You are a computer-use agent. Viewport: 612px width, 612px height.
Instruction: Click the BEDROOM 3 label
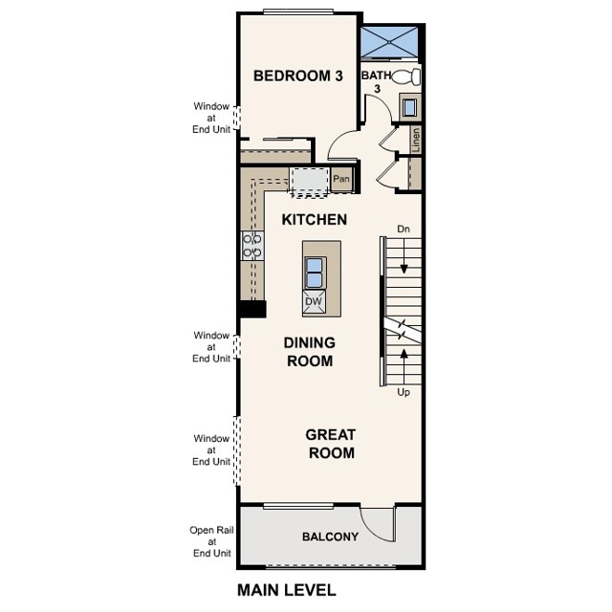pyautogui.click(x=297, y=76)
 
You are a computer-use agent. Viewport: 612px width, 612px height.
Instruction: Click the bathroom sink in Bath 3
pyautogui.click(x=409, y=107)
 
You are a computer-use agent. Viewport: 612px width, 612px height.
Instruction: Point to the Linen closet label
pyautogui.click(x=416, y=139)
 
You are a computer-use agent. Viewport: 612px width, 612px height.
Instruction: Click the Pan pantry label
pyautogui.click(x=341, y=179)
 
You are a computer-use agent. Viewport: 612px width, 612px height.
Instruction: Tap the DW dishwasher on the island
pyautogui.click(x=314, y=302)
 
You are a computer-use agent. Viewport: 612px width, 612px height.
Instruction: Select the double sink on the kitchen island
pyautogui.click(x=314, y=272)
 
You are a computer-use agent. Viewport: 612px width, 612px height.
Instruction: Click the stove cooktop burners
pyautogui.click(x=251, y=246)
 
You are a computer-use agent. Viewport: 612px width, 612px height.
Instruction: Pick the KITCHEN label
pyautogui.click(x=314, y=220)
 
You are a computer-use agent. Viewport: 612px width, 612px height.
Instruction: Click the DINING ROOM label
pyautogui.click(x=308, y=352)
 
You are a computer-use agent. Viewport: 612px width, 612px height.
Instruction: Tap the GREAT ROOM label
pyautogui.click(x=330, y=444)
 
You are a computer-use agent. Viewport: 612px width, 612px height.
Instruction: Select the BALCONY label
pyautogui.click(x=330, y=536)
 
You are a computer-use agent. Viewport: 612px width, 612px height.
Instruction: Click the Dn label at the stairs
pyautogui.click(x=404, y=229)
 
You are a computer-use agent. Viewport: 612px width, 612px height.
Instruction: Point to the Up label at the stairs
pyautogui.click(x=404, y=392)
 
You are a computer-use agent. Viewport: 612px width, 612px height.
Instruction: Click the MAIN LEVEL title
pyautogui.click(x=286, y=590)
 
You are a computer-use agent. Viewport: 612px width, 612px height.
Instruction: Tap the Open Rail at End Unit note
pyautogui.click(x=211, y=541)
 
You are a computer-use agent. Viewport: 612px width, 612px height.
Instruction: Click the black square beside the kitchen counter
pyautogui.click(x=252, y=309)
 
